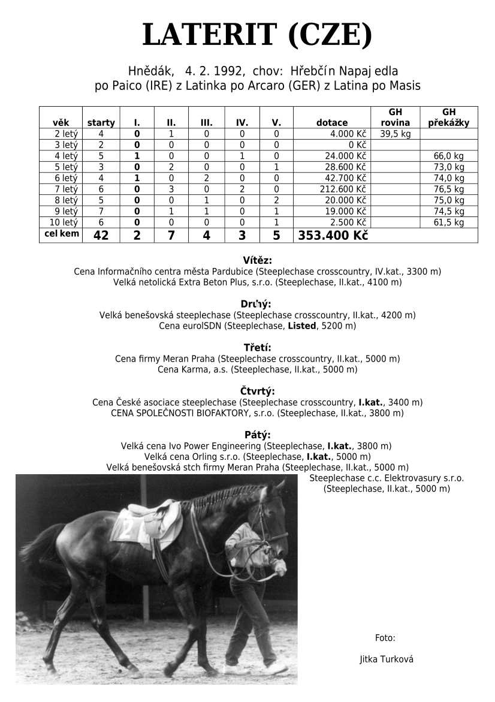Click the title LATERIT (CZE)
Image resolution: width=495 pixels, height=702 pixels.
click(257, 35)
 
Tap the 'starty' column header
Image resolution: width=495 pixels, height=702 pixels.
click(101, 123)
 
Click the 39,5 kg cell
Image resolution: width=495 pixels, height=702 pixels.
click(395, 134)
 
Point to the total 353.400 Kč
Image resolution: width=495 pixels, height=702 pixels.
click(332, 236)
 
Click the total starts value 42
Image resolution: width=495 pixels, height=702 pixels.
click(101, 236)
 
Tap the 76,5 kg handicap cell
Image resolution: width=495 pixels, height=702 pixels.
click(449, 189)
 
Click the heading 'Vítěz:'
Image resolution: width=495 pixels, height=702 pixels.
click(258, 260)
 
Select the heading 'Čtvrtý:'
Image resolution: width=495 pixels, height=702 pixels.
click(258, 391)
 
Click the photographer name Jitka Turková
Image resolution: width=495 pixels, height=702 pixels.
click(387, 659)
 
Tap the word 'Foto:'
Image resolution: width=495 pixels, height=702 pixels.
click(385, 638)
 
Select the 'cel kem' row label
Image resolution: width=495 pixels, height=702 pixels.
click(62, 234)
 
